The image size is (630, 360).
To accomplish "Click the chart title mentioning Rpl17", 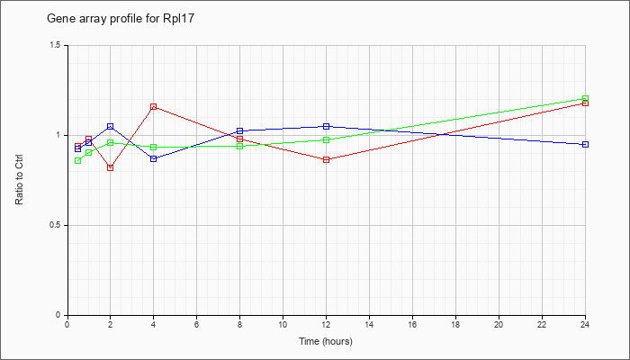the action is click(121, 19).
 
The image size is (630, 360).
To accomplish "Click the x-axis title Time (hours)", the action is click(326, 341).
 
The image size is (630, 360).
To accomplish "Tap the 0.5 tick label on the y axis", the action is click(56, 225).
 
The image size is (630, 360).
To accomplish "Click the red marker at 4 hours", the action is click(153, 107).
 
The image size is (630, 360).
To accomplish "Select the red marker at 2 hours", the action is click(110, 167).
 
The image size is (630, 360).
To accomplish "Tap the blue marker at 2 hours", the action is click(110, 127).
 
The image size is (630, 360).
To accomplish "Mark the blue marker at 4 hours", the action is click(153, 158).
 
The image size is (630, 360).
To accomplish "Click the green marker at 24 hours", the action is click(585, 98).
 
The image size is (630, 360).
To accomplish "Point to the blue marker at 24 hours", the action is click(585, 144).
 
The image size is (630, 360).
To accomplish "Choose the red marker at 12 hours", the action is click(326, 159).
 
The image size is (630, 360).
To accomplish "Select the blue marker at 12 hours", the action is click(326, 126).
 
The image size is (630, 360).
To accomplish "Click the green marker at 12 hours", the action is click(326, 139).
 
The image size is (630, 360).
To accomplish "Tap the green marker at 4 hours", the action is click(153, 148).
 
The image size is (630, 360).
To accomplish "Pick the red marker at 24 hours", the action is click(585, 103).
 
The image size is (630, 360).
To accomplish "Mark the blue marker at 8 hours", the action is click(240, 131).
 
